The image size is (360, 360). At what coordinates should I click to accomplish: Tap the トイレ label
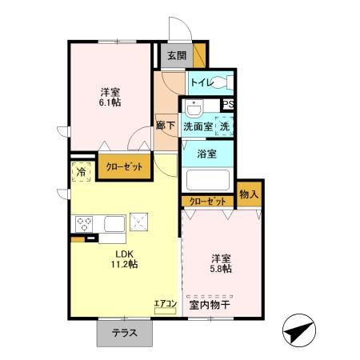tap(201, 81)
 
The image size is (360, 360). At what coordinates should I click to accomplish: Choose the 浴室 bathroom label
tap(206, 153)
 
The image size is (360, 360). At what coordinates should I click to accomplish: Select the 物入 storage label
tap(249, 194)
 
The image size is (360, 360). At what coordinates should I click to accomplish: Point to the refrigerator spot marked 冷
tap(80, 173)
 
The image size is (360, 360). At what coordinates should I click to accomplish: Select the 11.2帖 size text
tap(124, 263)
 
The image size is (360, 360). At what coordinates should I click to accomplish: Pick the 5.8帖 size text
tap(222, 269)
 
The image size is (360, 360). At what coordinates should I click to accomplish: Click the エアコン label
tap(165, 303)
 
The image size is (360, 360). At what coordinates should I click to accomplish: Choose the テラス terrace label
tap(124, 334)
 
